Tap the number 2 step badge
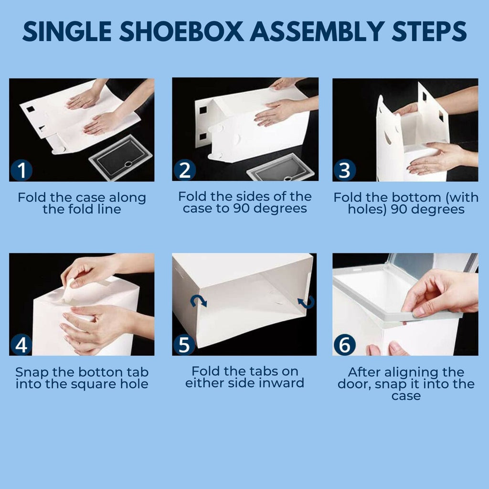click(x=183, y=170)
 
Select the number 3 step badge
click(x=344, y=170)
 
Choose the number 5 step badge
click(x=183, y=345)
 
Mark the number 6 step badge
click(x=344, y=345)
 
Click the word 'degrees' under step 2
click(x=281, y=209)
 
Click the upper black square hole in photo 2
click(x=203, y=110)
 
